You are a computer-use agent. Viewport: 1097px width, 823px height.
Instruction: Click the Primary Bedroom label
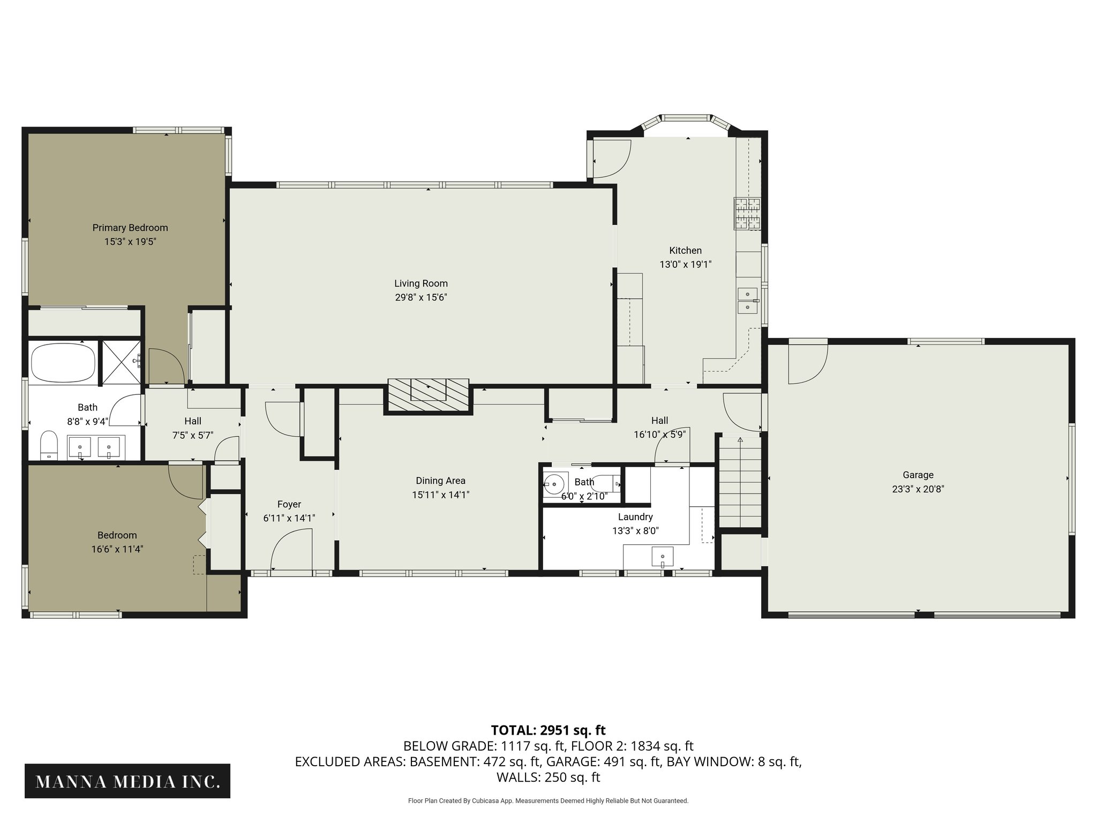(130, 228)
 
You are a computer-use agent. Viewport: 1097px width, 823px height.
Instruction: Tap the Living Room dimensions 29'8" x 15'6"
(420, 297)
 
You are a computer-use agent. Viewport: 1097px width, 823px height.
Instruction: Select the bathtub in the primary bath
(63, 363)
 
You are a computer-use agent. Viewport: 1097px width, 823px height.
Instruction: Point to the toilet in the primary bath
(49, 445)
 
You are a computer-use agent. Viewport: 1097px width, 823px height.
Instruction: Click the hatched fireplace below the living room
(428, 396)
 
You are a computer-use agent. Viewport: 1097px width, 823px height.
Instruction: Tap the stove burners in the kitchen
(747, 213)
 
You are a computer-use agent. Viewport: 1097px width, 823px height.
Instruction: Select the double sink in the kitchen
(747, 301)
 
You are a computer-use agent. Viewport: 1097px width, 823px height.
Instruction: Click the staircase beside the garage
(739, 482)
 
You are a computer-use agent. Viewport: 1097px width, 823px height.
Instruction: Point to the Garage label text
(918, 475)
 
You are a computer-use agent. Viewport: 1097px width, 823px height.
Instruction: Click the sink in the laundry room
(663, 557)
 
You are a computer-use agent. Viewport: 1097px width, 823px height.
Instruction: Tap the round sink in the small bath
(554, 484)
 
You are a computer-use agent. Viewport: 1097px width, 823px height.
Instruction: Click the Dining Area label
(440, 481)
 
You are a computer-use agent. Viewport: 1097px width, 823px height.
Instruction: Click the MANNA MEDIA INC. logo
(127, 782)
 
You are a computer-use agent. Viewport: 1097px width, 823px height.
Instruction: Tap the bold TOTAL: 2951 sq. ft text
(548, 730)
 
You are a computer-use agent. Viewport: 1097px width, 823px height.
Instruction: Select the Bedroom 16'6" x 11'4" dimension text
(117, 549)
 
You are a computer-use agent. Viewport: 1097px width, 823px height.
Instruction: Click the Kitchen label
(685, 250)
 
